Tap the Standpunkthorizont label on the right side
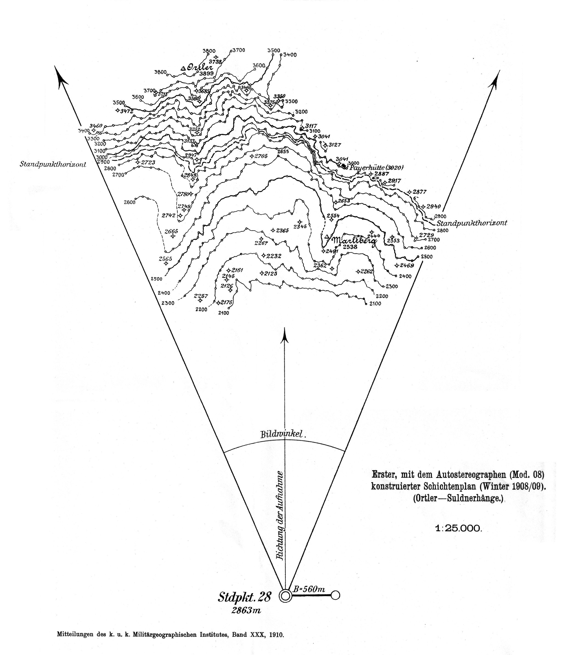[472, 223]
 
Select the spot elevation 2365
[282, 230]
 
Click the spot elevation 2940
[434, 207]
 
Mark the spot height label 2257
[201, 296]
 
